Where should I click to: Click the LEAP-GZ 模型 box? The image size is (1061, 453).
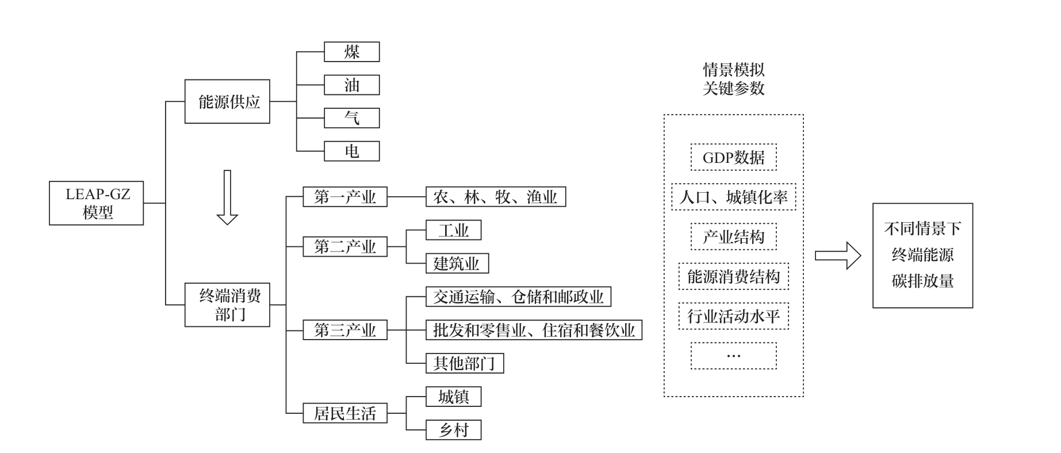[x=96, y=203]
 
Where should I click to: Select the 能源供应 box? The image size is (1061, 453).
[x=227, y=101]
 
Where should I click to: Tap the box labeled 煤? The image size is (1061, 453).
[x=351, y=52]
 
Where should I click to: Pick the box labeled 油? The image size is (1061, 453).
[x=351, y=85]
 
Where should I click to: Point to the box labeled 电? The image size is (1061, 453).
[x=351, y=151]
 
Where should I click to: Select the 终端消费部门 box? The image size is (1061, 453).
[x=227, y=304]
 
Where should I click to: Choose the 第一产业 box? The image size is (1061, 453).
[x=345, y=197]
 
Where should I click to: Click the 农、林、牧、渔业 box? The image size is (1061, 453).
[x=496, y=197]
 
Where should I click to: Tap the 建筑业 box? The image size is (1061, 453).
[x=457, y=264]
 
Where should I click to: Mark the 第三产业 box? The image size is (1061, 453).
[x=345, y=330]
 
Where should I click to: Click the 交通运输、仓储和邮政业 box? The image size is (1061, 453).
[x=518, y=297]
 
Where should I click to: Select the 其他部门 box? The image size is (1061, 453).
[x=465, y=363]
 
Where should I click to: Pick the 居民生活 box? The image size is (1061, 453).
[x=345, y=413]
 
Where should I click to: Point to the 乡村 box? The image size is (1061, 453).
[x=453, y=430]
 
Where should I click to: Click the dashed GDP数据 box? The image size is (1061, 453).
[x=733, y=157]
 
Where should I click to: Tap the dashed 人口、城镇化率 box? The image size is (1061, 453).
[x=733, y=197]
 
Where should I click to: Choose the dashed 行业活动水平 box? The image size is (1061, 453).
[x=733, y=316]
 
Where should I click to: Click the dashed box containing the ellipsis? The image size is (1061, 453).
[x=733, y=356]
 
